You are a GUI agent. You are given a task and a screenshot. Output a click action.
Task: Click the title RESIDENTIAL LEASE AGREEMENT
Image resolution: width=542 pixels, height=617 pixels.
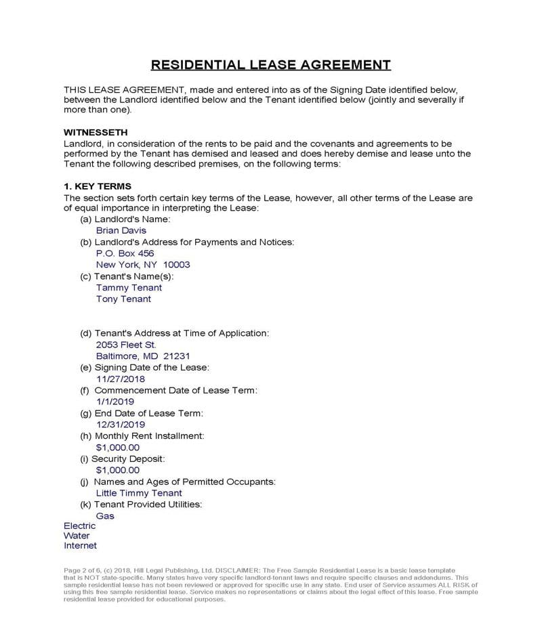(270, 65)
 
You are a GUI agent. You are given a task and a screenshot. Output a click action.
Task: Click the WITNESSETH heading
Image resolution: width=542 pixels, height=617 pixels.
(96, 132)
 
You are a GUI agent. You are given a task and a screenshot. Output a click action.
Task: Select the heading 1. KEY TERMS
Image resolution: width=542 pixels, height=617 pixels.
(98, 186)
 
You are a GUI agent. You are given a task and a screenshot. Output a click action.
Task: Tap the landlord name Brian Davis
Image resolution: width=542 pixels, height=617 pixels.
(121, 230)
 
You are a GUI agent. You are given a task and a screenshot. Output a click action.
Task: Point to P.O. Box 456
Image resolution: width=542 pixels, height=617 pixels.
(125, 253)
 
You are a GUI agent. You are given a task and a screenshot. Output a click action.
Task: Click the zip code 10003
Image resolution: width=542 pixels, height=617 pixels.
(177, 265)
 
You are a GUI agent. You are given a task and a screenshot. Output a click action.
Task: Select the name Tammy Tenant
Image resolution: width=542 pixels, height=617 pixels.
(129, 287)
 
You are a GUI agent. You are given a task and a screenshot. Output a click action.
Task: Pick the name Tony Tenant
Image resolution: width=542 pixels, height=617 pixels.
(123, 299)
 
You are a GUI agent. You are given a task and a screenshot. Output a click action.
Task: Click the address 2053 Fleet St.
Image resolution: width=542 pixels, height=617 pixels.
(126, 345)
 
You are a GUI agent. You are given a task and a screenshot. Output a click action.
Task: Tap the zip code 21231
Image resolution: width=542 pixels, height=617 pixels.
(177, 356)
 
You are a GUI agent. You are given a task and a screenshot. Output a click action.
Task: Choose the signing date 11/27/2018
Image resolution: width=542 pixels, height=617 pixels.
(121, 379)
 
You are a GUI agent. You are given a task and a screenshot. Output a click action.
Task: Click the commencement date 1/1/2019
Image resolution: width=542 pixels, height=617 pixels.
(115, 402)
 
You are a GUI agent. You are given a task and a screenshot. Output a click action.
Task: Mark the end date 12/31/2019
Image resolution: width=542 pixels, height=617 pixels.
(121, 425)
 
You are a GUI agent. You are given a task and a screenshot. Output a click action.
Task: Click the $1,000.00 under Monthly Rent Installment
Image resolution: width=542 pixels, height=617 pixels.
(118, 448)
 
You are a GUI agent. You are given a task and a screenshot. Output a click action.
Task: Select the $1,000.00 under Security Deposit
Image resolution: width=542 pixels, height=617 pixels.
(118, 470)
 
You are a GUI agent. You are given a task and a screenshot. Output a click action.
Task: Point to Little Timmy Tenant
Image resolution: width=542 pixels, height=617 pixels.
(139, 493)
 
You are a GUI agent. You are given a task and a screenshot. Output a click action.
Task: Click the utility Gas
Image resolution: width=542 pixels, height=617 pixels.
(105, 516)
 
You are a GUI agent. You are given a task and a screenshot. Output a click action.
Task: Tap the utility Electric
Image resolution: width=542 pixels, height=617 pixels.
(80, 526)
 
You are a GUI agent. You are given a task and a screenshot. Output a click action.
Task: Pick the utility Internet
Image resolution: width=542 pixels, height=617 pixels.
(80, 545)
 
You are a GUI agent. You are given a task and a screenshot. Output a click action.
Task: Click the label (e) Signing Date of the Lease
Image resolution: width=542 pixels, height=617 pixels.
(144, 368)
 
